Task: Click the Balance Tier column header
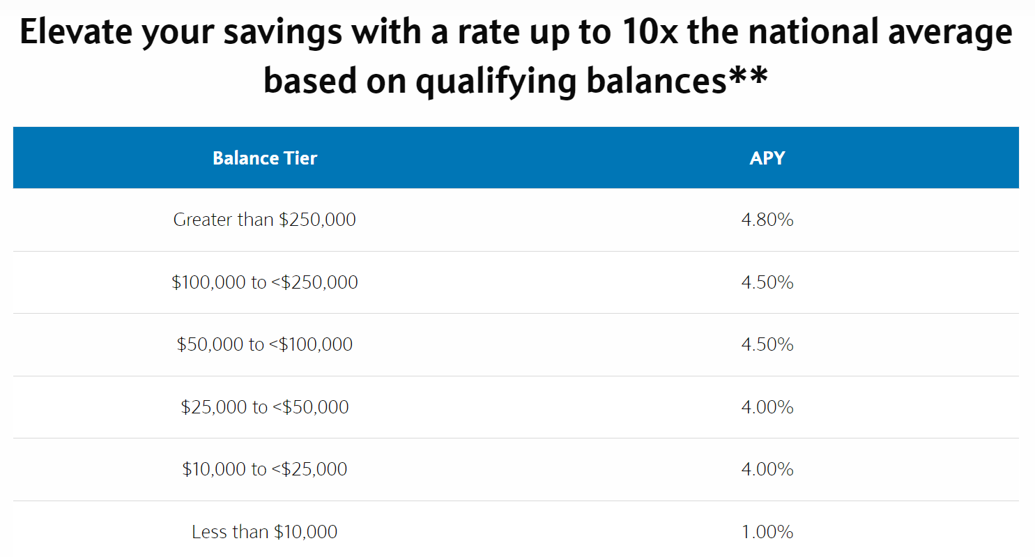tap(265, 158)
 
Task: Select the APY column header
tap(767, 158)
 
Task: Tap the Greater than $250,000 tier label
tap(264, 220)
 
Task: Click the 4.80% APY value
tap(767, 220)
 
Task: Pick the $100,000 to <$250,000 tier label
tap(265, 282)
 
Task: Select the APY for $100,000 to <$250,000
tap(767, 282)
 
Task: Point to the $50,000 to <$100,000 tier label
tap(265, 344)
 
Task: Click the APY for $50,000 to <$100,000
tap(767, 344)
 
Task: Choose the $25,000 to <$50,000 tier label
tap(265, 407)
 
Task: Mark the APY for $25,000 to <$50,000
tap(767, 407)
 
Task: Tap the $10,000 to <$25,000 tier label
tap(265, 469)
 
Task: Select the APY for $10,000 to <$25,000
tap(767, 469)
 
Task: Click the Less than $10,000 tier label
tap(264, 532)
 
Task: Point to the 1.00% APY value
tap(767, 532)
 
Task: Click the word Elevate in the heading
tap(76, 31)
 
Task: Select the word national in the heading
tap(813, 31)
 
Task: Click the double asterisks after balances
tap(749, 74)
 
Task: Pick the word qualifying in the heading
tap(496, 82)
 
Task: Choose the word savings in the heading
tap(283, 33)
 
